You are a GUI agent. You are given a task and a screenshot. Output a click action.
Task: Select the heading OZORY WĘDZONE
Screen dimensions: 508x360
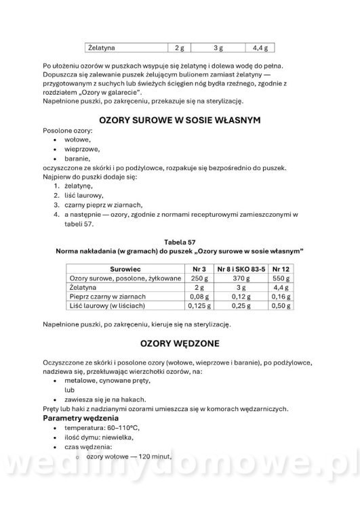(180, 343)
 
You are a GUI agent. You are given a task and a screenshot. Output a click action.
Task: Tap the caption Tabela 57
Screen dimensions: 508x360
(180, 241)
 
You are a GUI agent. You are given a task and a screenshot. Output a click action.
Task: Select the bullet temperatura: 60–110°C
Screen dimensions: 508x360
(102, 428)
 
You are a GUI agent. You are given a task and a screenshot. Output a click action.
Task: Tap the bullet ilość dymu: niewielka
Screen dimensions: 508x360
(99, 438)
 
